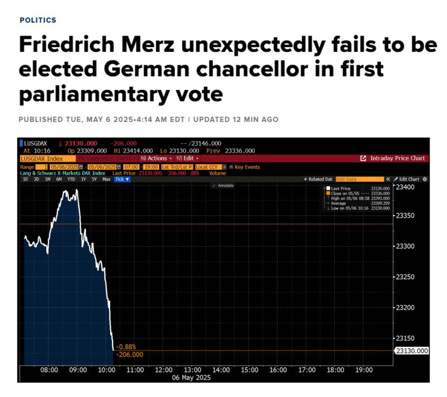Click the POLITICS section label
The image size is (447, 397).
[37, 20]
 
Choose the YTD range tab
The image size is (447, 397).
[71, 179]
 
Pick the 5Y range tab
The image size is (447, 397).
[94, 179]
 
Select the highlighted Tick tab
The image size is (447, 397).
[122, 179]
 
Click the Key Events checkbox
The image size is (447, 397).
[232, 167]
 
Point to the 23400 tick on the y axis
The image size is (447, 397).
[406, 187]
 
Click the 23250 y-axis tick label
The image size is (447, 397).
[406, 277]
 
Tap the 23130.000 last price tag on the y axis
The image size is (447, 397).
[412, 351]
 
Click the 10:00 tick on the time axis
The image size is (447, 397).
[106, 370]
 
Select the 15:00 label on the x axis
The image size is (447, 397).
[250, 370]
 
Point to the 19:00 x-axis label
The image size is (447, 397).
[364, 370]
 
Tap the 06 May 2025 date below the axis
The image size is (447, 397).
[192, 377]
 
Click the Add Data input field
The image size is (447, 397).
[359, 179]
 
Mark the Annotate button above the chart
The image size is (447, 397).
[223, 185]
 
